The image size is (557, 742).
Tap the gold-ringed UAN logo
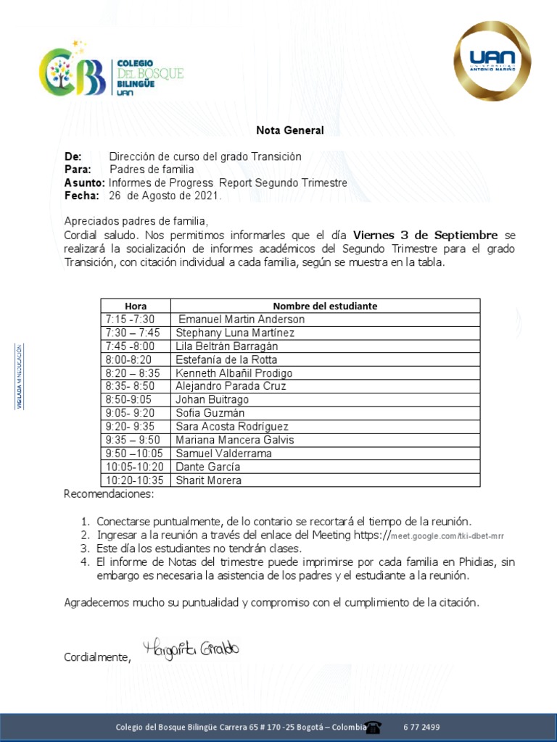click(492, 61)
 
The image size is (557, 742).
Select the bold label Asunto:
click(84, 183)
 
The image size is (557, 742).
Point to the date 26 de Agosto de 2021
click(165, 196)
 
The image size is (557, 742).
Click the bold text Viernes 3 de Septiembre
click(425, 235)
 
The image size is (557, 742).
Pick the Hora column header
click(136, 306)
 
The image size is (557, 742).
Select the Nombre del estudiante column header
click(325, 306)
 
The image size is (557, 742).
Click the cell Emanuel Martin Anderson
click(242, 320)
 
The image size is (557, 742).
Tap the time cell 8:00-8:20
click(128, 359)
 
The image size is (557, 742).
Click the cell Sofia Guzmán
click(210, 413)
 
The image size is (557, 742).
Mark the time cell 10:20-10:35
click(134, 480)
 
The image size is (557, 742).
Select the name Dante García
click(208, 467)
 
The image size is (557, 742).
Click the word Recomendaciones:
click(109, 494)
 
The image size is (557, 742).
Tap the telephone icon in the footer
click(374, 727)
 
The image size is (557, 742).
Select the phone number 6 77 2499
click(421, 727)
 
